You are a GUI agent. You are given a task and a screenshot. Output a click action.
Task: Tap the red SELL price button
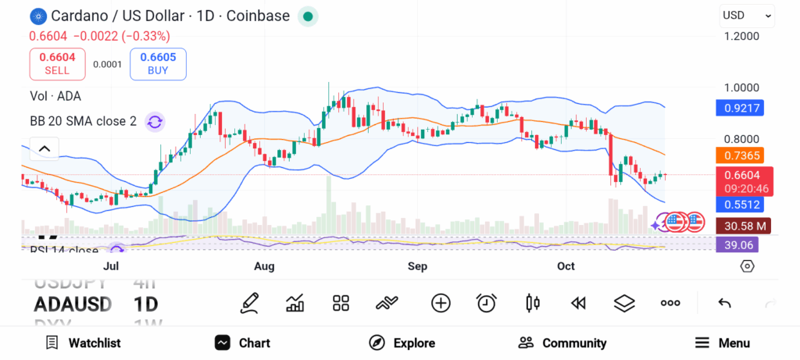(x=57, y=64)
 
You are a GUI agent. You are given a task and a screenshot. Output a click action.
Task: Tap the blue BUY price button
(x=158, y=64)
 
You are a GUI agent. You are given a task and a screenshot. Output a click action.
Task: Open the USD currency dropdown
(x=746, y=15)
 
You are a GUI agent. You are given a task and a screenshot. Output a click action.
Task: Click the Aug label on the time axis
(x=265, y=266)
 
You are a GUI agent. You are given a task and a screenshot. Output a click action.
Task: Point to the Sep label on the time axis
(x=418, y=266)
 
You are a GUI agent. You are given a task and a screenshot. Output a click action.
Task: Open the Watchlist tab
(x=83, y=343)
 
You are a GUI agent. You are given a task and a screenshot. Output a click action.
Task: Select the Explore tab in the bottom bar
(x=402, y=343)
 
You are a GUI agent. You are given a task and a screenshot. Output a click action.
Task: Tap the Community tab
(x=562, y=343)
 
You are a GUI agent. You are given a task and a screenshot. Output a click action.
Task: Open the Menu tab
(x=723, y=343)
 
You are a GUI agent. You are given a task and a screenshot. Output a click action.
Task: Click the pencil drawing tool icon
(x=250, y=303)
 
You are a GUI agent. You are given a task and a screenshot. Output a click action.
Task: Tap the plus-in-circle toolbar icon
(x=441, y=303)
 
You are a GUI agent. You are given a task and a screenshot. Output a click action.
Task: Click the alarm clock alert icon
(x=487, y=303)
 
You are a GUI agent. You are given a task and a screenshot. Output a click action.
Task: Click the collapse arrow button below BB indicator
(x=45, y=148)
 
